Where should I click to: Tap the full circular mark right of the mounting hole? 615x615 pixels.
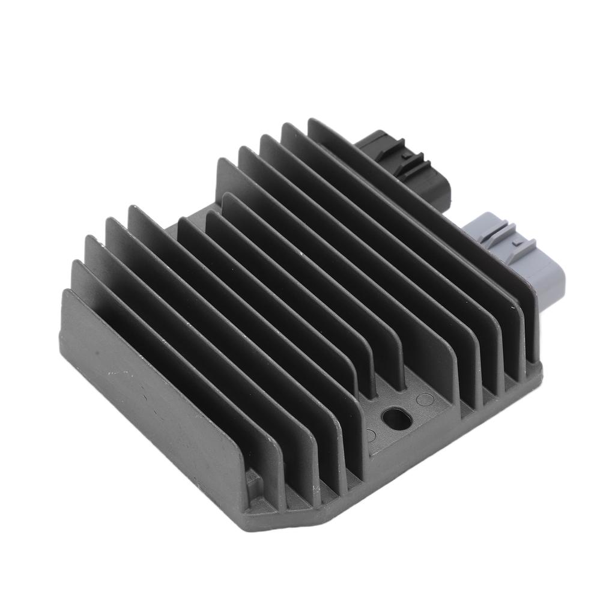coord(425,398)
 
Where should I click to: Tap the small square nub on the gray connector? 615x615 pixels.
coord(515,243)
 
